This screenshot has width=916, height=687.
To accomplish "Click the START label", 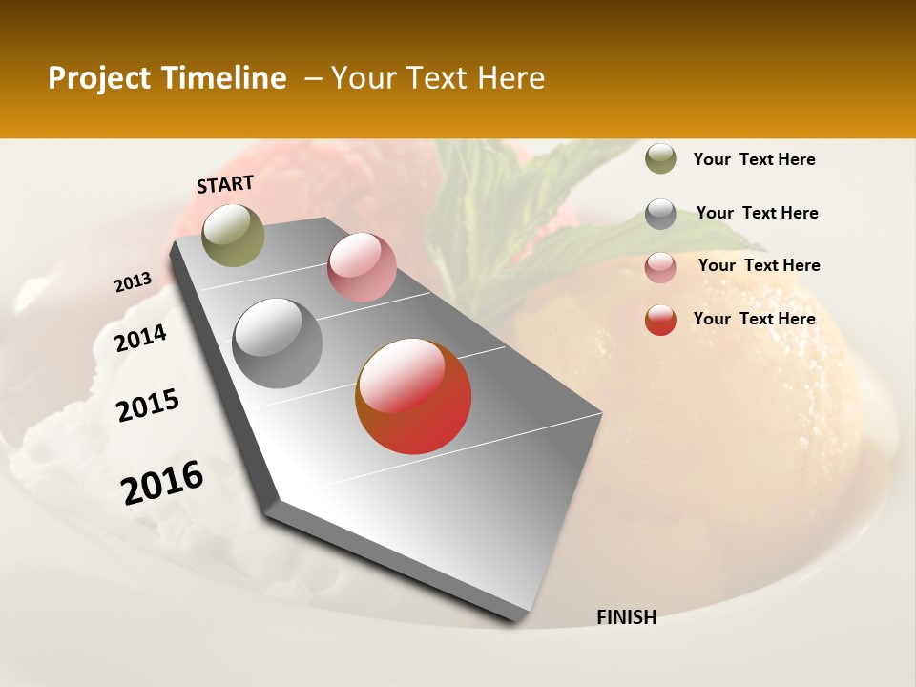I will pyautogui.click(x=225, y=184).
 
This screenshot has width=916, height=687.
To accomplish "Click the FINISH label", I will pyautogui.click(x=626, y=617).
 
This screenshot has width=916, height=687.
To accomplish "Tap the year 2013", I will pyautogui.click(x=134, y=282).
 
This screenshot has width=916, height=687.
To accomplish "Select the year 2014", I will pyautogui.click(x=141, y=339).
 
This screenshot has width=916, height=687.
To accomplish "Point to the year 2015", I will pyautogui.click(x=148, y=406).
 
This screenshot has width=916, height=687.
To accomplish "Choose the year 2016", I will pyautogui.click(x=162, y=483).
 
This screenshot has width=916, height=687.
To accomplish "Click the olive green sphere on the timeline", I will pyautogui.click(x=233, y=235).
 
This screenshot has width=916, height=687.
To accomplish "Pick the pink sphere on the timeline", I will pyautogui.click(x=362, y=267).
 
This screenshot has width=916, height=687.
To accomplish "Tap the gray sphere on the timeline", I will pyautogui.click(x=278, y=343).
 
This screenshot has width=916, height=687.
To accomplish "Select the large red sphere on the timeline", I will pyautogui.click(x=413, y=396).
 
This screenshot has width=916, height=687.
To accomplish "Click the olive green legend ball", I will pyautogui.click(x=660, y=159).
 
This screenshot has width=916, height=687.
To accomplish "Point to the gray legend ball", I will pyautogui.click(x=660, y=214).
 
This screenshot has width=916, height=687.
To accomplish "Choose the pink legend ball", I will pyautogui.click(x=660, y=267).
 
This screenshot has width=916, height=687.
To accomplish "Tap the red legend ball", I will pyautogui.click(x=660, y=320).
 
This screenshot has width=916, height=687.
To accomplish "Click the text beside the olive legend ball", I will pyautogui.click(x=754, y=160).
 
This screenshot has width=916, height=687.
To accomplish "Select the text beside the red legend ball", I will pyautogui.click(x=754, y=319).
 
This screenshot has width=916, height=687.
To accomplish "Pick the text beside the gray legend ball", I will pyautogui.click(x=757, y=213).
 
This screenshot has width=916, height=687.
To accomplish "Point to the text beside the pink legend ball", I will pyautogui.click(x=759, y=265).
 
